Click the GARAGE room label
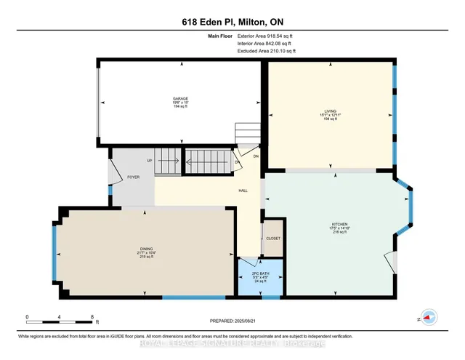point(180,98)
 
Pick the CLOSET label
point(273,238)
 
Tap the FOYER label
point(134,176)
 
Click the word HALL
point(243,191)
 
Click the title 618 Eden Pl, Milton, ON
point(232,22)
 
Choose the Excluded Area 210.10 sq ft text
point(267,52)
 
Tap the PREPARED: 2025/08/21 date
point(232,321)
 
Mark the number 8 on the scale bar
point(92,316)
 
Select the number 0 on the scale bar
point(27,316)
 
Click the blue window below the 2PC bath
point(270,297)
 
